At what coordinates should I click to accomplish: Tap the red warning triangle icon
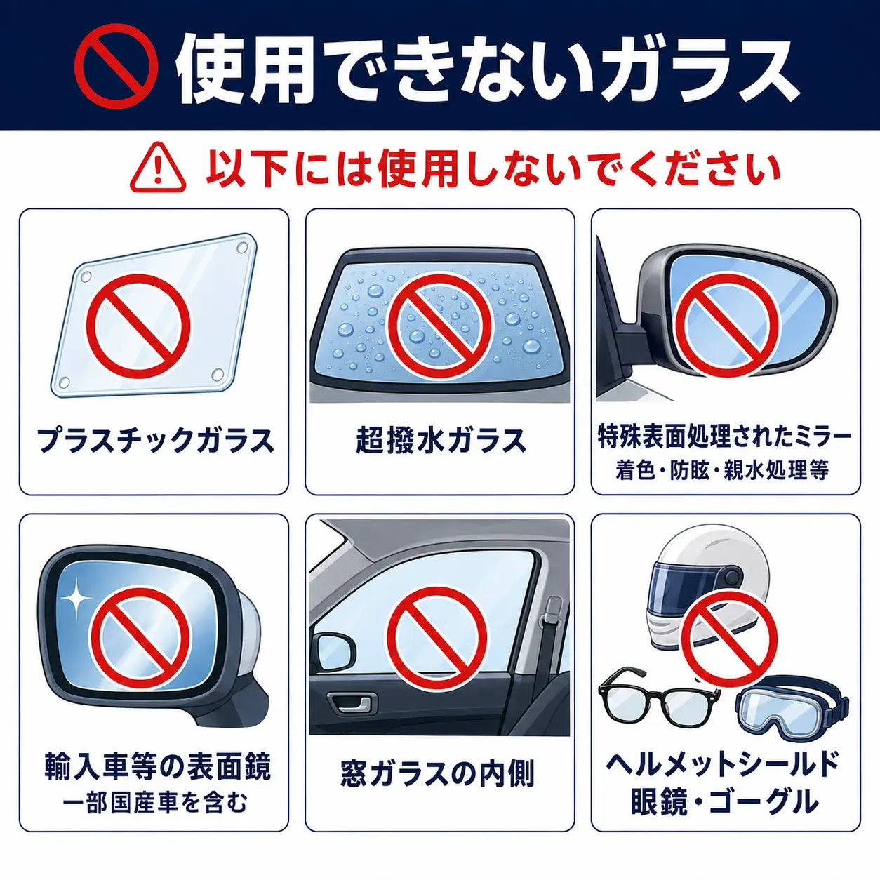click(158, 168)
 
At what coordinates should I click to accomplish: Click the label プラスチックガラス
click(156, 441)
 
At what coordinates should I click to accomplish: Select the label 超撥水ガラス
click(440, 441)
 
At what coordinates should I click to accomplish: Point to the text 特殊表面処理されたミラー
click(725, 436)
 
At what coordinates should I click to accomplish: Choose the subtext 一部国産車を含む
click(154, 802)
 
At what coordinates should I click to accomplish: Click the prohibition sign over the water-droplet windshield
click(440, 322)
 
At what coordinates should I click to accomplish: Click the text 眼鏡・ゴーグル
click(724, 802)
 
